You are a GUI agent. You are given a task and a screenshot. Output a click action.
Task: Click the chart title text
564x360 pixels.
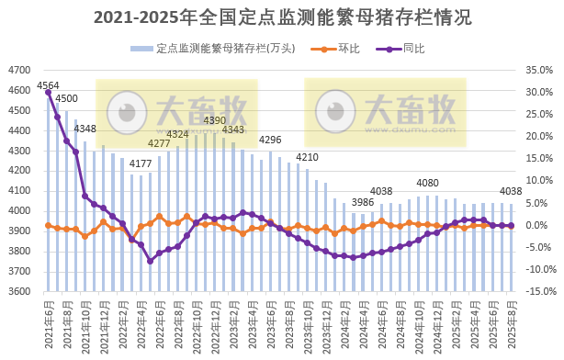coord(282,17)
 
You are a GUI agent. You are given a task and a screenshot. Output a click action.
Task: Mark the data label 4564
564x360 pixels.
coord(48,86)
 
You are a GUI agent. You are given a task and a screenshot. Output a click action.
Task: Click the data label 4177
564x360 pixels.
coord(141,164)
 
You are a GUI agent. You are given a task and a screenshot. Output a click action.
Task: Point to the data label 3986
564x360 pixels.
coord(363,202)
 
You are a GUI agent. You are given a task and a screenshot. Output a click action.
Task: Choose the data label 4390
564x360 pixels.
coord(214,120)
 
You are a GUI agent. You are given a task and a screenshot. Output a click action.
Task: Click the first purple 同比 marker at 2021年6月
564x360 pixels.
coord(48,93)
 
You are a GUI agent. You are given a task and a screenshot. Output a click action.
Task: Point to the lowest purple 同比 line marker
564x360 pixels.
coord(150,261)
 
